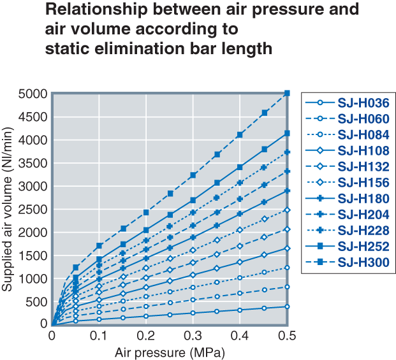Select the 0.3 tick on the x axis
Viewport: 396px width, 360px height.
tap(193, 336)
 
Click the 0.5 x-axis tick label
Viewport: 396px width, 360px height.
tap(287, 336)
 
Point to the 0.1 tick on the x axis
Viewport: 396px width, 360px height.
tap(99, 336)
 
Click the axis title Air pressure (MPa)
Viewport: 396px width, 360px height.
tap(170, 351)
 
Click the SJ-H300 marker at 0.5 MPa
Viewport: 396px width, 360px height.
tap(287, 93)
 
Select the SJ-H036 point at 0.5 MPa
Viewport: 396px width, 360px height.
tap(287, 306)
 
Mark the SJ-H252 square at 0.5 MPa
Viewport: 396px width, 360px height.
tap(287, 133)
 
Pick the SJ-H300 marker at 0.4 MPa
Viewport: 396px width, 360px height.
tap(240, 134)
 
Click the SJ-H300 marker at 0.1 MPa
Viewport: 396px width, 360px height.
tap(99, 245)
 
